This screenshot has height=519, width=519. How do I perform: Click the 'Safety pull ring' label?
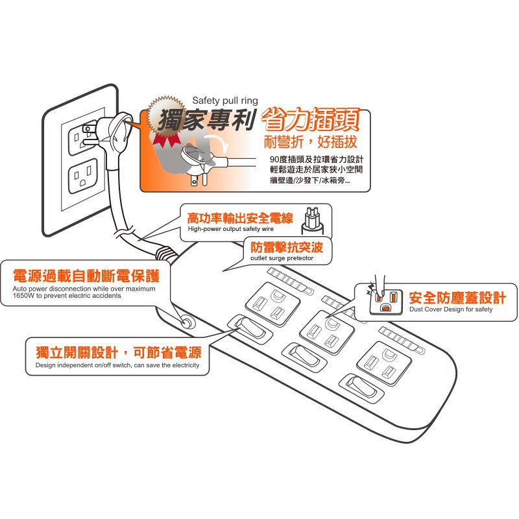(225, 101)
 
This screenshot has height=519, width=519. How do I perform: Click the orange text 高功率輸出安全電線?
(239, 219)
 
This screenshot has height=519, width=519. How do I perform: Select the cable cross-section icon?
(313, 221)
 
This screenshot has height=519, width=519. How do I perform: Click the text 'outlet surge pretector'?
(282, 258)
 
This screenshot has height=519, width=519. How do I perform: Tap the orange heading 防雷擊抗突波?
(286, 247)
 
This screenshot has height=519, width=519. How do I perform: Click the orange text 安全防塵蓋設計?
(457, 297)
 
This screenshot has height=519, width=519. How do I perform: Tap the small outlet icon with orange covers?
(383, 299)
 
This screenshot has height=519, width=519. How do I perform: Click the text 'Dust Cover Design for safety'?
(451, 309)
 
